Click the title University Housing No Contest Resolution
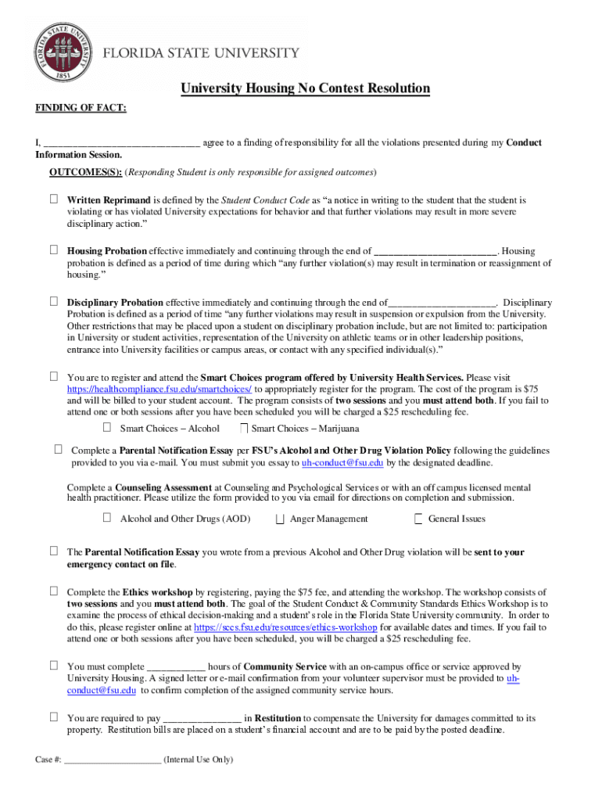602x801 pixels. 306,88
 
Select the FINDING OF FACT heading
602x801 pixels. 81,108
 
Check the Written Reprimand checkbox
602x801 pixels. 54,200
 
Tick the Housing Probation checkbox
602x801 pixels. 54,250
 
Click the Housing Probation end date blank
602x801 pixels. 435,252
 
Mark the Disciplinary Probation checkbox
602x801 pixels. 54,301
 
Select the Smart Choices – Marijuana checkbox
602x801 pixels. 244,428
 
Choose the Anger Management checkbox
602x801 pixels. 279,519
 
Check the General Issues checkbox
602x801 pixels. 418,519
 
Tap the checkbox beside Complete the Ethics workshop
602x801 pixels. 54,591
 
